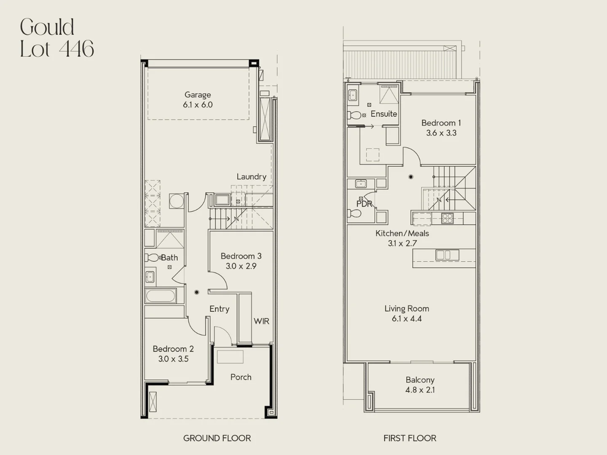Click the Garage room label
tap(198, 95)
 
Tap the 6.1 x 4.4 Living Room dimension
tap(406, 319)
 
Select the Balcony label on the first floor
tap(420, 380)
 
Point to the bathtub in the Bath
tap(161, 296)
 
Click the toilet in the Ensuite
tap(354, 115)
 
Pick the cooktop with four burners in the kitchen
tap(447, 218)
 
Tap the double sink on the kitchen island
tap(447, 255)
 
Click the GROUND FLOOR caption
tap(217, 438)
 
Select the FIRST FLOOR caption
tap(410, 438)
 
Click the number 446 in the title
tap(77, 49)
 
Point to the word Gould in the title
tap(47, 27)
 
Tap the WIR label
tap(261, 321)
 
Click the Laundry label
tap(251, 177)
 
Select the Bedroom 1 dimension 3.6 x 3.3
tap(441, 133)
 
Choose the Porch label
tap(241, 377)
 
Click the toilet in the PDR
tap(354, 213)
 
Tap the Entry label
tap(219, 309)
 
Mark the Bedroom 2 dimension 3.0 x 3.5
tap(173, 359)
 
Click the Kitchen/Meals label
tap(402, 233)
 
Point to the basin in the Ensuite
tap(352, 96)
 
